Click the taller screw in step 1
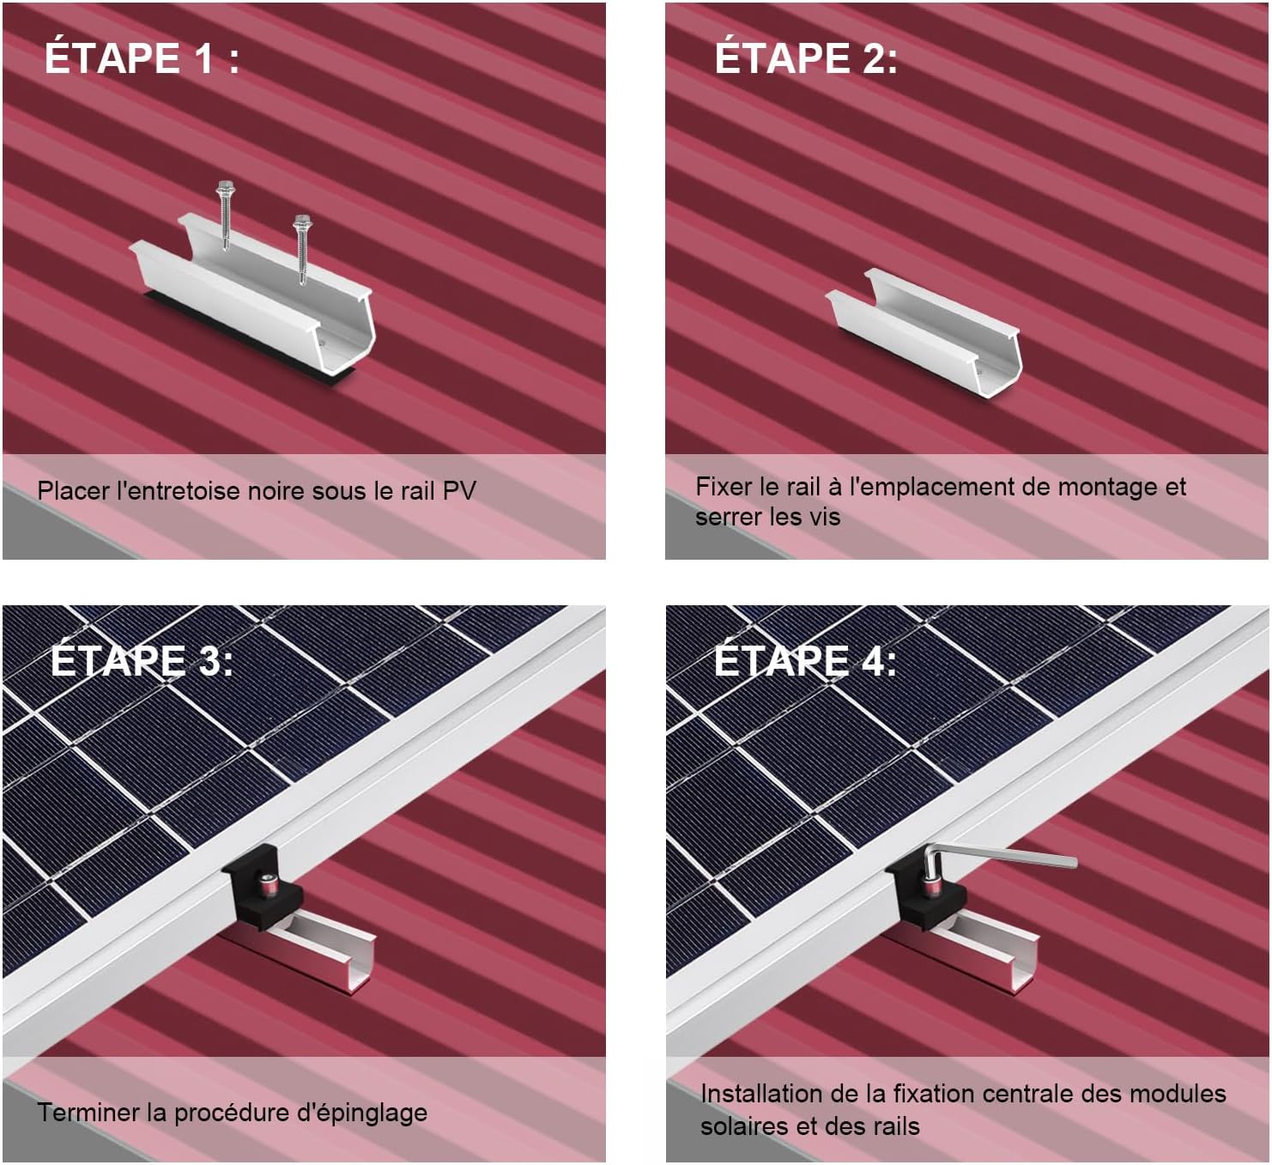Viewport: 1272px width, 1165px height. tap(224, 215)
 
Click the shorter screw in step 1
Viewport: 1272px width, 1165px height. tap(302, 249)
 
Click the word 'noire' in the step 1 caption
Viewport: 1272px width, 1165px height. tap(276, 490)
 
